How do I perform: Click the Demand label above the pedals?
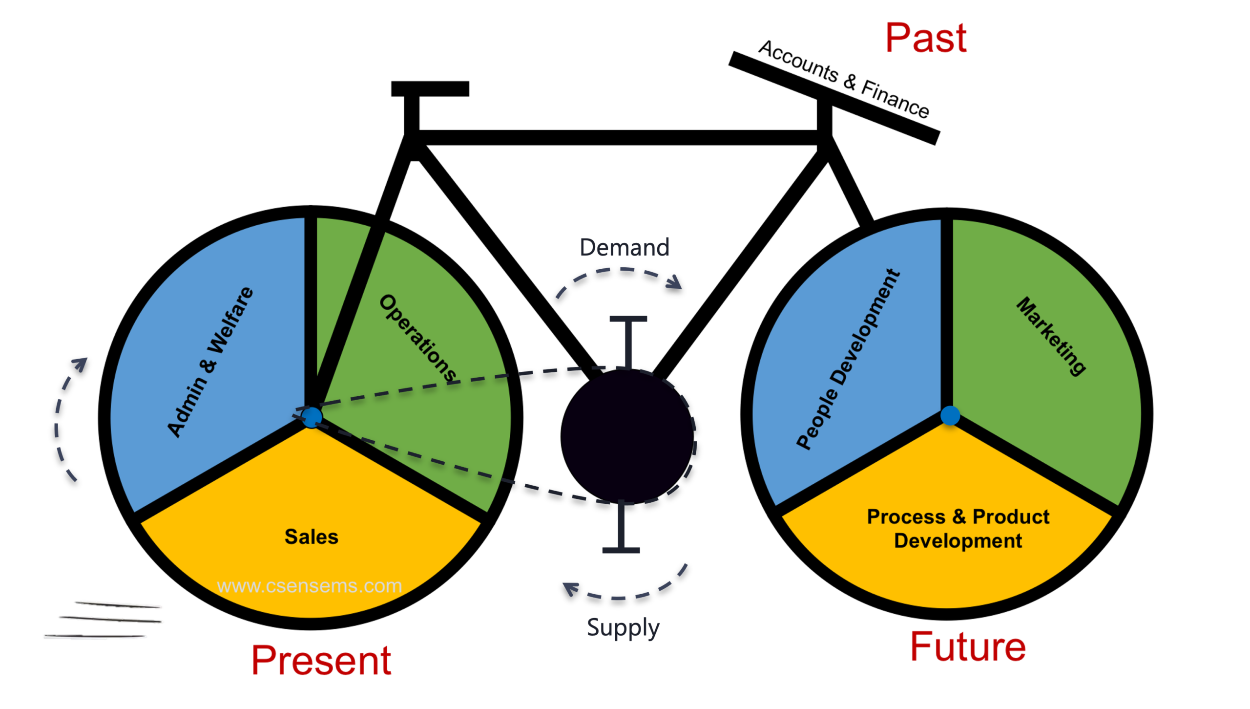click(x=624, y=247)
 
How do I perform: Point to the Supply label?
click(x=623, y=628)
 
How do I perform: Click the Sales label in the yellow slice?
click(x=312, y=537)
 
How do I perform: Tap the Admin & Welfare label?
click(x=210, y=362)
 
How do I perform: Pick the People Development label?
click(x=848, y=359)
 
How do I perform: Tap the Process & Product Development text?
click(x=958, y=528)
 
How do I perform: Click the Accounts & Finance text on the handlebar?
click(x=844, y=79)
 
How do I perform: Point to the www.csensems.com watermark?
click(x=309, y=585)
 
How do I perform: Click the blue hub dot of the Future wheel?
click(x=950, y=416)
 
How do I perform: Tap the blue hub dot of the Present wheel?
click(x=312, y=418)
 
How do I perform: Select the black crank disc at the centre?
click(x=627, y=436)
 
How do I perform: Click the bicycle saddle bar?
click(x=430, y=89)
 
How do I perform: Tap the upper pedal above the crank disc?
click(x=628, y=342)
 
